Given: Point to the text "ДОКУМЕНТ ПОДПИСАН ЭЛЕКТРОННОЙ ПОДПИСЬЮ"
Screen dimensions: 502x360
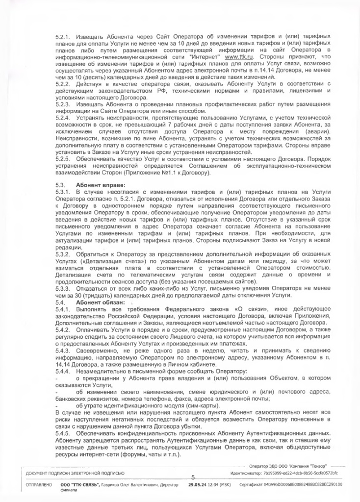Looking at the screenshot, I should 72,473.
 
